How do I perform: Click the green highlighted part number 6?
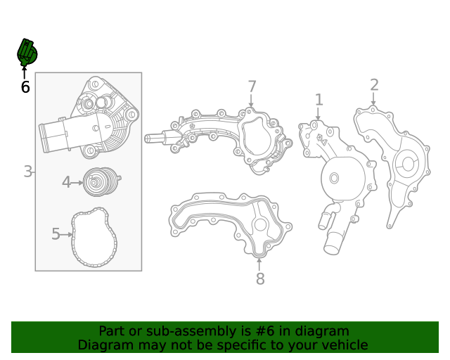coord(27,52)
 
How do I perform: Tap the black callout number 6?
coord(25,87)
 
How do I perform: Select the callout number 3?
coord(27,171)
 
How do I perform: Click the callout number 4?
coord(66,183)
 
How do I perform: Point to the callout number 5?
coord(56,234)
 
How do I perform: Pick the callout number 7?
coord(252,86)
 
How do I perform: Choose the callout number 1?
coord(319,100)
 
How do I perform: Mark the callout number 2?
coord(374,85)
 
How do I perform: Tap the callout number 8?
coord(259,279)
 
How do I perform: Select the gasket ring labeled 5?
coord(94,238)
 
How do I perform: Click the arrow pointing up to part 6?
coord(25,71)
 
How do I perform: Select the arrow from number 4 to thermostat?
coord(77,183)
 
